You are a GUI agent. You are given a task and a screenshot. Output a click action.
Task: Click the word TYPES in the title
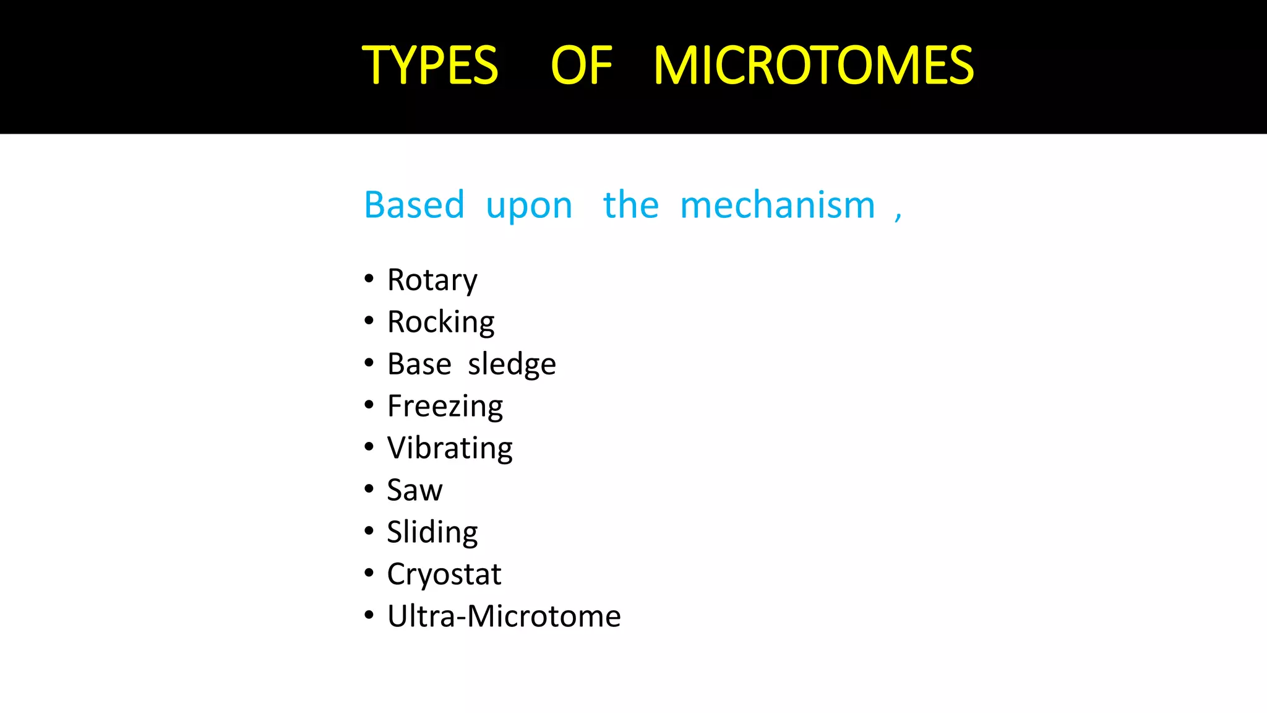430,66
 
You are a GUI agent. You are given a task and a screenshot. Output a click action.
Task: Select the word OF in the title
581,66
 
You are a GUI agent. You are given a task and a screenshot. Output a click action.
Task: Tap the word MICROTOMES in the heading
814,66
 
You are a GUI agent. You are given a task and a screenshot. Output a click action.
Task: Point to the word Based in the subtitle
414,205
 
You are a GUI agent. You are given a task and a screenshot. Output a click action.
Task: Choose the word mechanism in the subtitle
778,205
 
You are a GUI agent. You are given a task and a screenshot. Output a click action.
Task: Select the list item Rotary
432,280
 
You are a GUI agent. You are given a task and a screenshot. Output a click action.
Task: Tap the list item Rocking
440,322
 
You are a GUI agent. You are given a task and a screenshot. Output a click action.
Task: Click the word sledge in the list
512,365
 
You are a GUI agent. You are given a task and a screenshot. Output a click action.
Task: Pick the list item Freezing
445,407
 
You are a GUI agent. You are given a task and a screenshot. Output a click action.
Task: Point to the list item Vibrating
450,449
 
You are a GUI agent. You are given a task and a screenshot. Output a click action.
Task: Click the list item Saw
414,490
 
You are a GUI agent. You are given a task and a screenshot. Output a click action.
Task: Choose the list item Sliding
432,532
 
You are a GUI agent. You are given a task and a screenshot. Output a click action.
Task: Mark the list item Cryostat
444,574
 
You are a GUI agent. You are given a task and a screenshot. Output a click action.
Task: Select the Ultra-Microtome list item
504,616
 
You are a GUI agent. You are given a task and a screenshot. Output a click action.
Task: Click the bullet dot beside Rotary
369,279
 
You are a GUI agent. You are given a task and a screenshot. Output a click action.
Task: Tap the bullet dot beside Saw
369,489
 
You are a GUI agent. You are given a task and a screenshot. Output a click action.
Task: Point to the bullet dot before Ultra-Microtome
369,615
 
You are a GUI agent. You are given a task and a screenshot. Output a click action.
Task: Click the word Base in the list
419,364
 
